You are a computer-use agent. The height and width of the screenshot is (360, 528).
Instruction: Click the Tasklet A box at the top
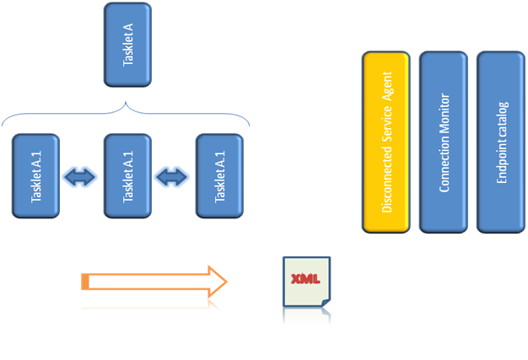[x=127, y=45]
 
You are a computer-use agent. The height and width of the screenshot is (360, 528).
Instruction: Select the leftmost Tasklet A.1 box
[x=36, y=175]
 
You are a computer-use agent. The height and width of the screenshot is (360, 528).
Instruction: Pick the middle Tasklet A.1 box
[x=127, y=175]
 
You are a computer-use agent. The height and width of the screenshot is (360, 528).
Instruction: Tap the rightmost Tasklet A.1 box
[x=219, y=175]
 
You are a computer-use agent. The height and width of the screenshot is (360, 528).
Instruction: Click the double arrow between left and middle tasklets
[x=82, y=176]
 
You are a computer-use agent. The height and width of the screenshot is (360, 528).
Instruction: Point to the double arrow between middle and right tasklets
[x=172, y=176]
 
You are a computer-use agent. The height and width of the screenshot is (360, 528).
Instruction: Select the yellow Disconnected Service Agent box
[x=386, y=142]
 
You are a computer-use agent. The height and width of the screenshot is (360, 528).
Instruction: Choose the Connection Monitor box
[x=444, y=142]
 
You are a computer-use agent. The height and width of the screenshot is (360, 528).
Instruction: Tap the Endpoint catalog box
[x=501, y=142]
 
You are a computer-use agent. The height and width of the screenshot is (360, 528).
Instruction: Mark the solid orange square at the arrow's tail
[x=85, y=282]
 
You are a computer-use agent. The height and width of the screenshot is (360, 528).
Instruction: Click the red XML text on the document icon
[x=304, y=279]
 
